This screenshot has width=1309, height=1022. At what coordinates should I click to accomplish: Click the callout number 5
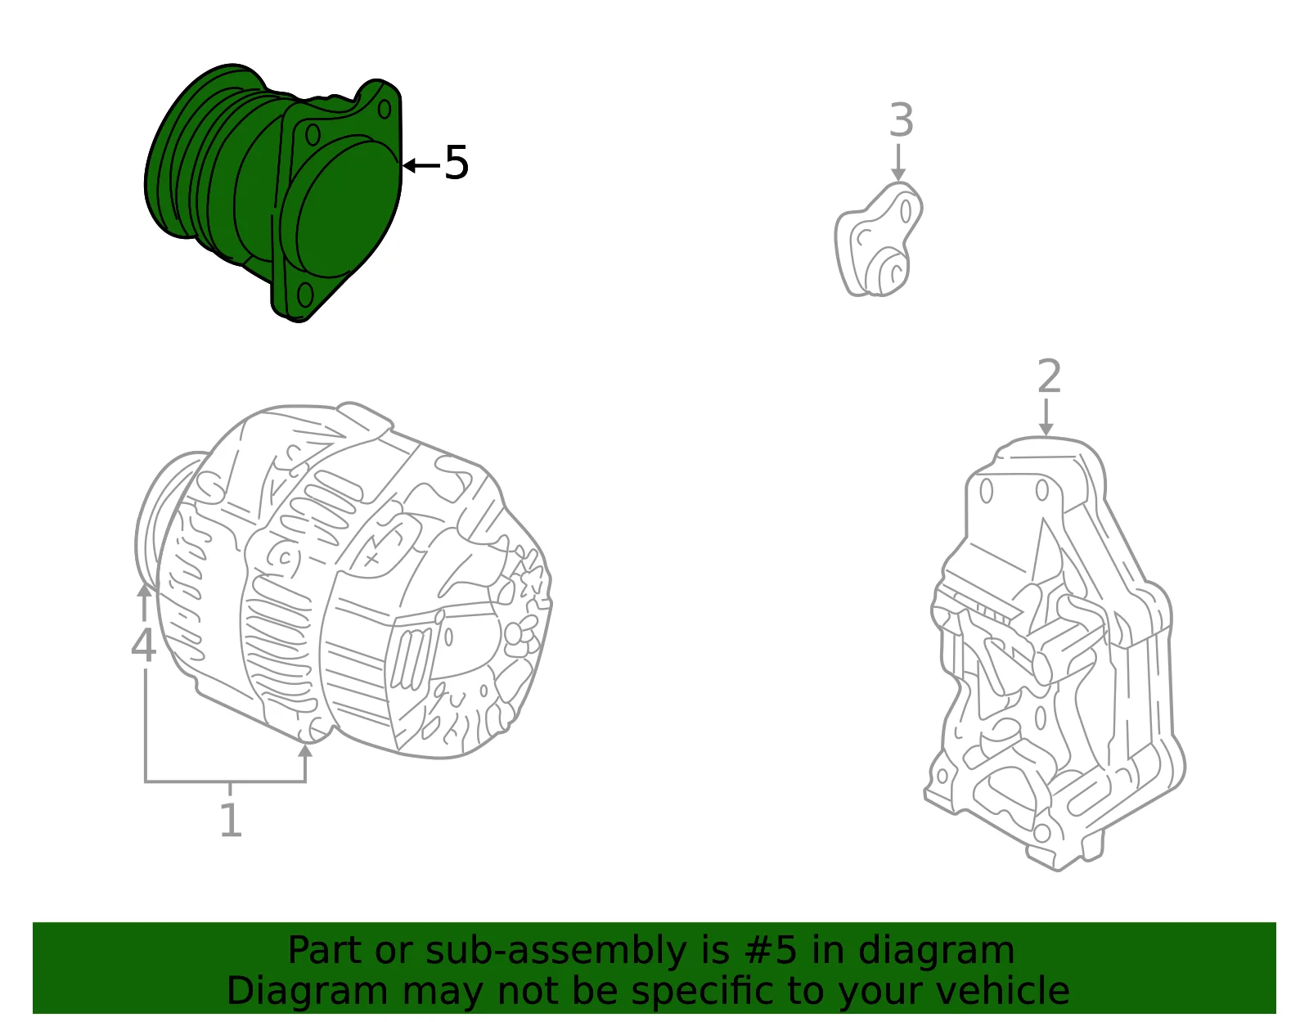coord(456,163)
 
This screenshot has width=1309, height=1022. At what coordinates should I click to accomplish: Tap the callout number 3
coord(902,119)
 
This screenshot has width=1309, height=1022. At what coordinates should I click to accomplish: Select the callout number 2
coord(1049,376)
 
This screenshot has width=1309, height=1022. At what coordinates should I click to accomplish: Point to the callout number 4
coord(144,645)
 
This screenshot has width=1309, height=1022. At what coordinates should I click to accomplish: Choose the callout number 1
coord(231,820)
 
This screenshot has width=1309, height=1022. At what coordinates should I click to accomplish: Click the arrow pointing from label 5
coord(421,165)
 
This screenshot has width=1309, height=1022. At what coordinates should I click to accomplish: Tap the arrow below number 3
coord(898,162)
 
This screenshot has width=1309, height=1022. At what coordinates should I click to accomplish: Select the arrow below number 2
coord(1046,416)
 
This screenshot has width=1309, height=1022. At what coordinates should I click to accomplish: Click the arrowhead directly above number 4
coord(144,590)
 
